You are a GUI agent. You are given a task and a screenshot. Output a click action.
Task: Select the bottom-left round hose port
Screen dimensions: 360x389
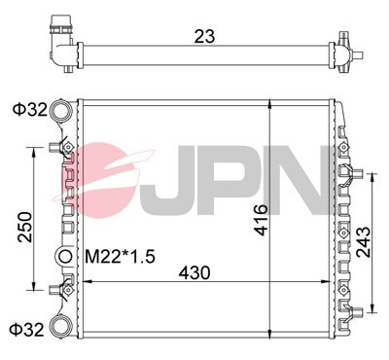[x=61, y=325]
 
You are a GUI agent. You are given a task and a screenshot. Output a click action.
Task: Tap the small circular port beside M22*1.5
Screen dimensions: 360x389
[x=65, y=257]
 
